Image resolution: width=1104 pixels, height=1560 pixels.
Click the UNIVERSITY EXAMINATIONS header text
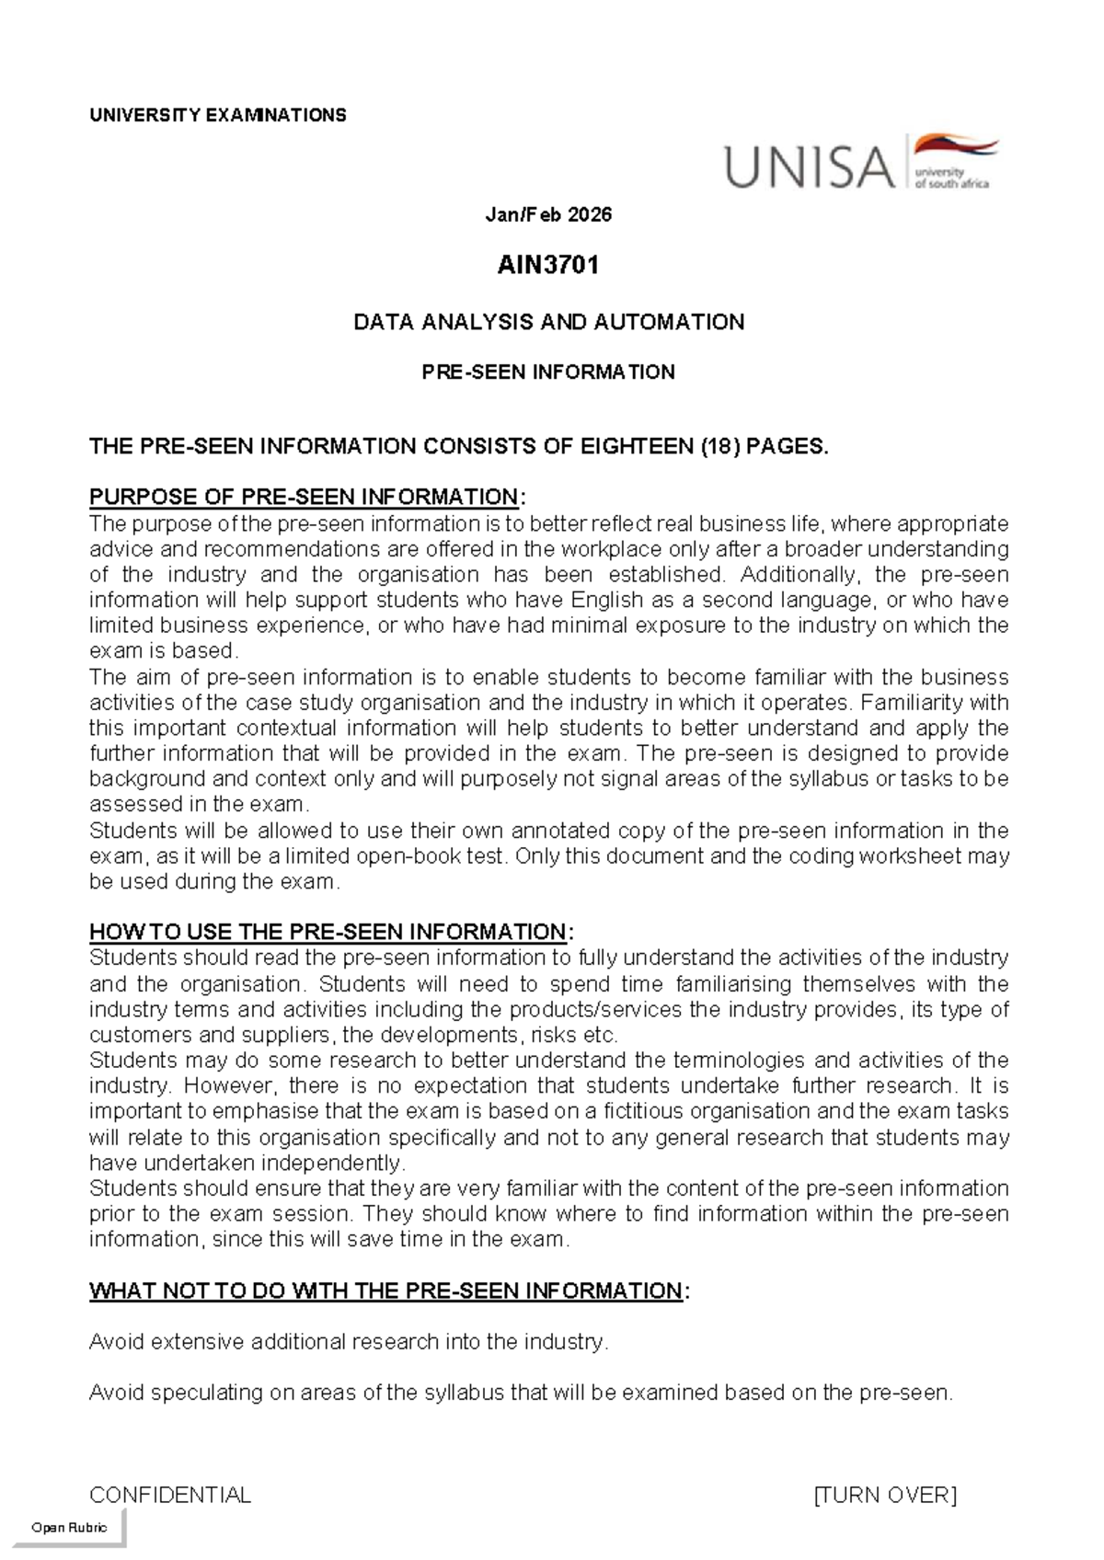click(x=217, y=115)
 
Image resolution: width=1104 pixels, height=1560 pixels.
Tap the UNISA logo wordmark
click(x=810, y=167)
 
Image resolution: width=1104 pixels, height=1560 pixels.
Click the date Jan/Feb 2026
click(x=548, y=215)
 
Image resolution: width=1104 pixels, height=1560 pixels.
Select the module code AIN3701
click(x=548, y=266)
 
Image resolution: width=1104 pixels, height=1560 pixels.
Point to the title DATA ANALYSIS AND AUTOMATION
click(x=548, y=322)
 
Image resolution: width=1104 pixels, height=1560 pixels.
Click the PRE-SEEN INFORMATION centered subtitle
click(x=548, y=372)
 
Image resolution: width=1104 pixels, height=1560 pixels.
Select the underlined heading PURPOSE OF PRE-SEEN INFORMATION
click(x=304, y=498)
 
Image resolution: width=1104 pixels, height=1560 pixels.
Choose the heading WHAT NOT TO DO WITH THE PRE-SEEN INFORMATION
click(x=385, y=1291)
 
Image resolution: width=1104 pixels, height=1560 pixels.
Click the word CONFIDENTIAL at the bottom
click(x=169, y=1496)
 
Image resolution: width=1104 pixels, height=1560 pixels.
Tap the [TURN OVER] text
click(x=885, y=1496)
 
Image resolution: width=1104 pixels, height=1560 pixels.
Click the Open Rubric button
click(x=69, y=1528)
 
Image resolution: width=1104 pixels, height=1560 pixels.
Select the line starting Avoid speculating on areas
click(x=521, y=1393)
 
